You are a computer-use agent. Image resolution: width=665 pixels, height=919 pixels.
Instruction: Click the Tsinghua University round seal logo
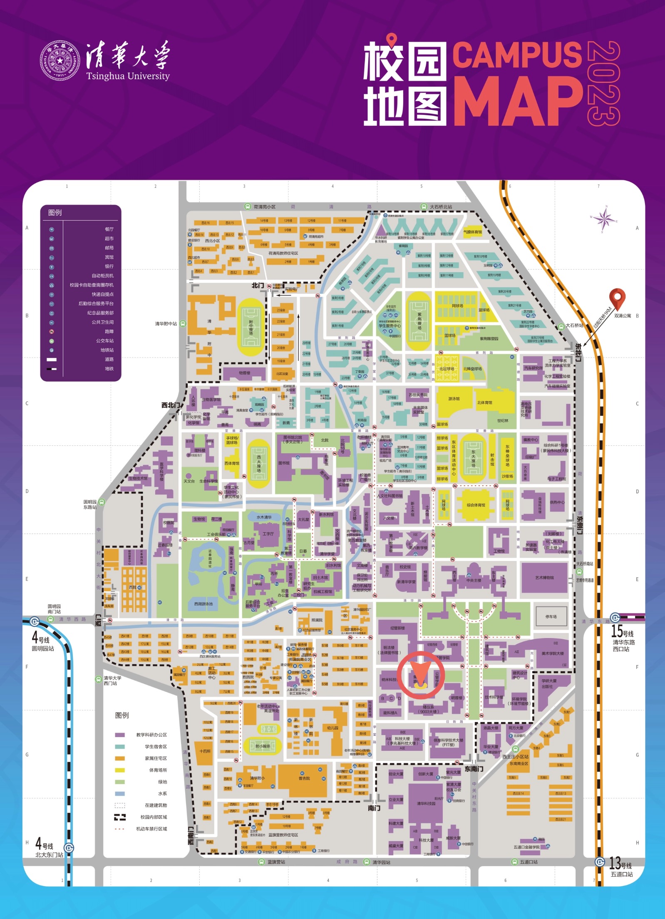60,61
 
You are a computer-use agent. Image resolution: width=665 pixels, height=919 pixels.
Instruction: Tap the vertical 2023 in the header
603,83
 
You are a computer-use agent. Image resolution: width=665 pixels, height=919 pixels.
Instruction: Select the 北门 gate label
258,285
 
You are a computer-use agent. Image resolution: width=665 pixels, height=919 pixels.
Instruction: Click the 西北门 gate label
171,405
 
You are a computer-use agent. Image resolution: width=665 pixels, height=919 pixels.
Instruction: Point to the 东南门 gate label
474,769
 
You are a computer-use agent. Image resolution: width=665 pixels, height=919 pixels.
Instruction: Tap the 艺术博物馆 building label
544,578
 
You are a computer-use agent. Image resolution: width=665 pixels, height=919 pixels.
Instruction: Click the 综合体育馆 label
476,505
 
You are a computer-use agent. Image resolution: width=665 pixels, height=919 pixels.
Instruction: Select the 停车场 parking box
551,616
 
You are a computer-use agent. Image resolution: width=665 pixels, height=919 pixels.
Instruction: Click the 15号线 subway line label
622,631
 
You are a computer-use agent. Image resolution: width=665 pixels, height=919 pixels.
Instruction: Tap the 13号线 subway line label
620,863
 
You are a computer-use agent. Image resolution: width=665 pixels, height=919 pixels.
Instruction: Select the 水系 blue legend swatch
120,793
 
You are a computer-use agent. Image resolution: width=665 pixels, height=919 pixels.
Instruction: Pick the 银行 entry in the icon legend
109,266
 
